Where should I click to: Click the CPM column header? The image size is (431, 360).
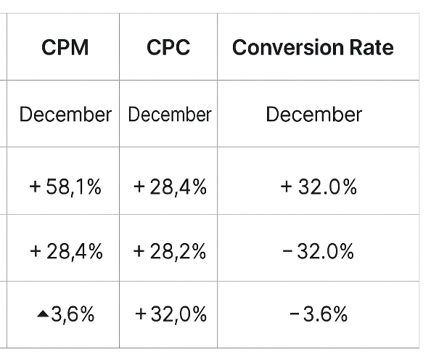tap(65, 48)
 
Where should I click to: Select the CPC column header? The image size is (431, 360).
tap(168, 48)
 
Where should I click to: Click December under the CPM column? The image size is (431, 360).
tap(65, 115)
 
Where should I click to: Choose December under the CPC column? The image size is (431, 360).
tap(169, 115)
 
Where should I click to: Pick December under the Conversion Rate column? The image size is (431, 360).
tap(313, 115)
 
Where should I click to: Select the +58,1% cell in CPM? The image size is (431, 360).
tap(65, 187)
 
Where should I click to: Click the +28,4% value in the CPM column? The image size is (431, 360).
tap(66, 252)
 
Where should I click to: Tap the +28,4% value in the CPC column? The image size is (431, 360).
tap(170, 187)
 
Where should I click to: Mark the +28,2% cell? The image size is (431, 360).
tap(170, 252)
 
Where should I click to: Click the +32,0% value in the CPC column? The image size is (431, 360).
tap(171, 314)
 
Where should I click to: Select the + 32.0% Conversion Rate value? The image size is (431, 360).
tap(319, 187)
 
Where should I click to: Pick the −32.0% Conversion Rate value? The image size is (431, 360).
tap(319, 252)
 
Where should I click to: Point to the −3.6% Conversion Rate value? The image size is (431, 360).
tap(319, 314)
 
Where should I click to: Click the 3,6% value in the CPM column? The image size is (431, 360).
tap(73, 314)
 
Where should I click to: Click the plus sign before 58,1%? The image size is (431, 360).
tap(35, 188)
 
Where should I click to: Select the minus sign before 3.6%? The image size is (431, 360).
tap(294, 314)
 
